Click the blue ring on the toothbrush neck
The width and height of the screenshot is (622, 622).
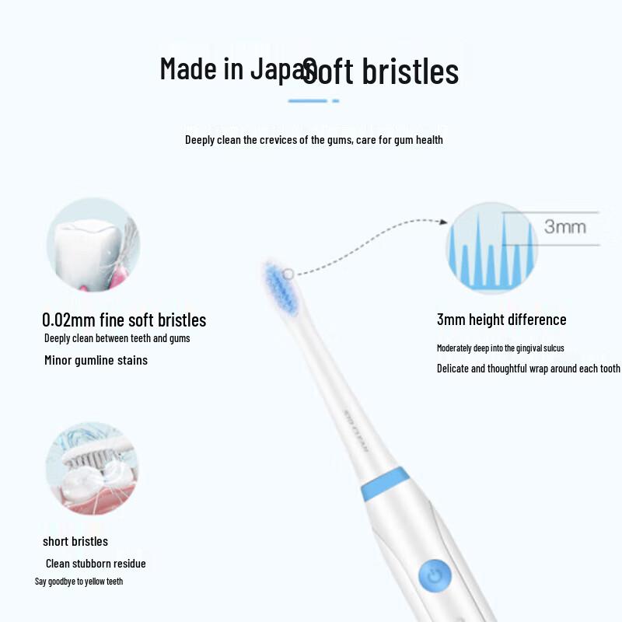tap(384, 483)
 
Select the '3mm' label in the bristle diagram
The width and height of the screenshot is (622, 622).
tap(565, 227)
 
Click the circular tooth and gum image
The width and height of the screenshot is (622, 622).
tap(93, 244)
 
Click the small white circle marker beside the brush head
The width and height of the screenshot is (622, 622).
tap(288, 274)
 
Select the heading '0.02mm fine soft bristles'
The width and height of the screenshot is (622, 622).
tap(124, 320)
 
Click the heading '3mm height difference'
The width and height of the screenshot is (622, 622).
tap(501, 320)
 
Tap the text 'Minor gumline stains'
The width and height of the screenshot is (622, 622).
tap(96, 360)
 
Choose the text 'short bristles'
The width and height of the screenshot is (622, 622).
tap(75, 541)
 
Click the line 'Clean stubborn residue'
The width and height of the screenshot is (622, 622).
tap(96, 564)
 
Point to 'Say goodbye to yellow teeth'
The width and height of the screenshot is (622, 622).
tap(79, 582)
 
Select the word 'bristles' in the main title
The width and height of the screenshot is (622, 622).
tap(409, 72)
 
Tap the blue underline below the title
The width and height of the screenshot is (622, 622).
tap(313, 100)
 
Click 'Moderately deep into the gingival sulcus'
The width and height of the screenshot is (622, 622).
tap(500, 348)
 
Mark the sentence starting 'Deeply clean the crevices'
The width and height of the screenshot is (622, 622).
tap(313, 140)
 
